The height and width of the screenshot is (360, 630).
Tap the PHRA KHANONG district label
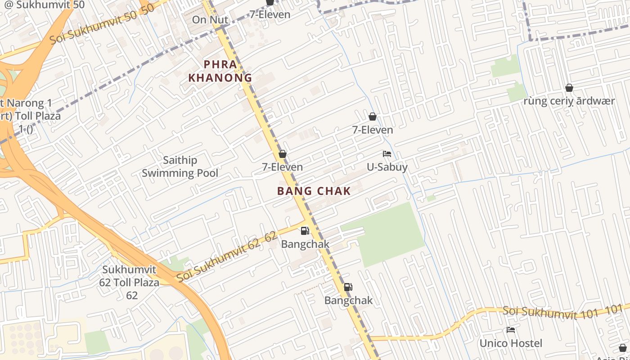click(x=220, y=71)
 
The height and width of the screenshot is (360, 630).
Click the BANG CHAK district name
click(x=314, y=191)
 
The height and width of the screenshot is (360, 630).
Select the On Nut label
click(x=210, y=20)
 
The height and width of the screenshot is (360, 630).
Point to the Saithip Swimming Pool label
click(x=180, y=166)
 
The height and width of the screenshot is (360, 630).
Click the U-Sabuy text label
click(x=387, y=167)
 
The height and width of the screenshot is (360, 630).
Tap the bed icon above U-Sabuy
click(x=387, y=154)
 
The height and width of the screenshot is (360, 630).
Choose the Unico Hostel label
click(x=511, y=343)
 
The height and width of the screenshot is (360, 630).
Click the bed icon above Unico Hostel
click(x=511, y=330)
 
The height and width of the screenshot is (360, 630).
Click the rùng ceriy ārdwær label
click(x=569, y=101)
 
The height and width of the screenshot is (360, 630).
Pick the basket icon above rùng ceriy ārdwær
click(x=569, y=88)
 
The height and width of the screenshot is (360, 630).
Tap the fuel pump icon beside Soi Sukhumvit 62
click(x=305, y=231)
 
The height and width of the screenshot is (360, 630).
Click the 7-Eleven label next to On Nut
click(x=270, y=14)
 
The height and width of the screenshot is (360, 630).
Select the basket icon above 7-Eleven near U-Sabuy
click(x=373, y=117)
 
